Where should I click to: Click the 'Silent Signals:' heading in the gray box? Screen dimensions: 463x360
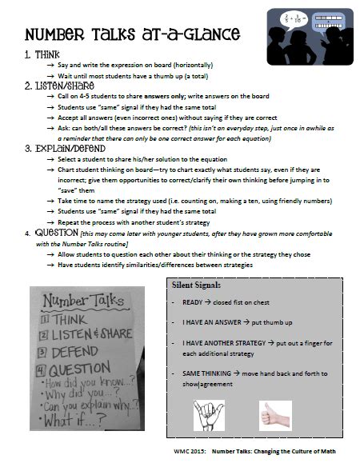pos(198,285)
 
